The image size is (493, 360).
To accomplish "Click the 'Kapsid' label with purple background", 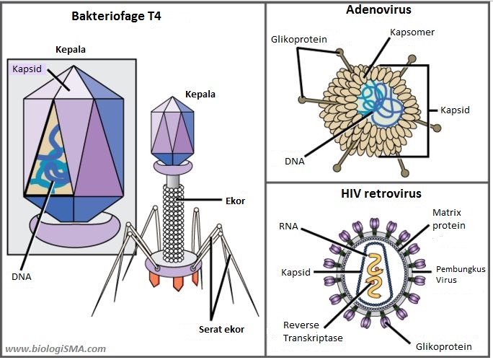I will click(x=27, y=69).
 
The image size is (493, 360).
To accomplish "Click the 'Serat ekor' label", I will click(x=221, y=329).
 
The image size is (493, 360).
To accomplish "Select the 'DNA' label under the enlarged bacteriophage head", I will click(x=21, y=276).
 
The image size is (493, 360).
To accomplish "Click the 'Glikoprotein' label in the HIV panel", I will click(x=440, y=346).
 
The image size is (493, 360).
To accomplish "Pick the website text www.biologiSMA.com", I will click(x=55, y=348).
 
